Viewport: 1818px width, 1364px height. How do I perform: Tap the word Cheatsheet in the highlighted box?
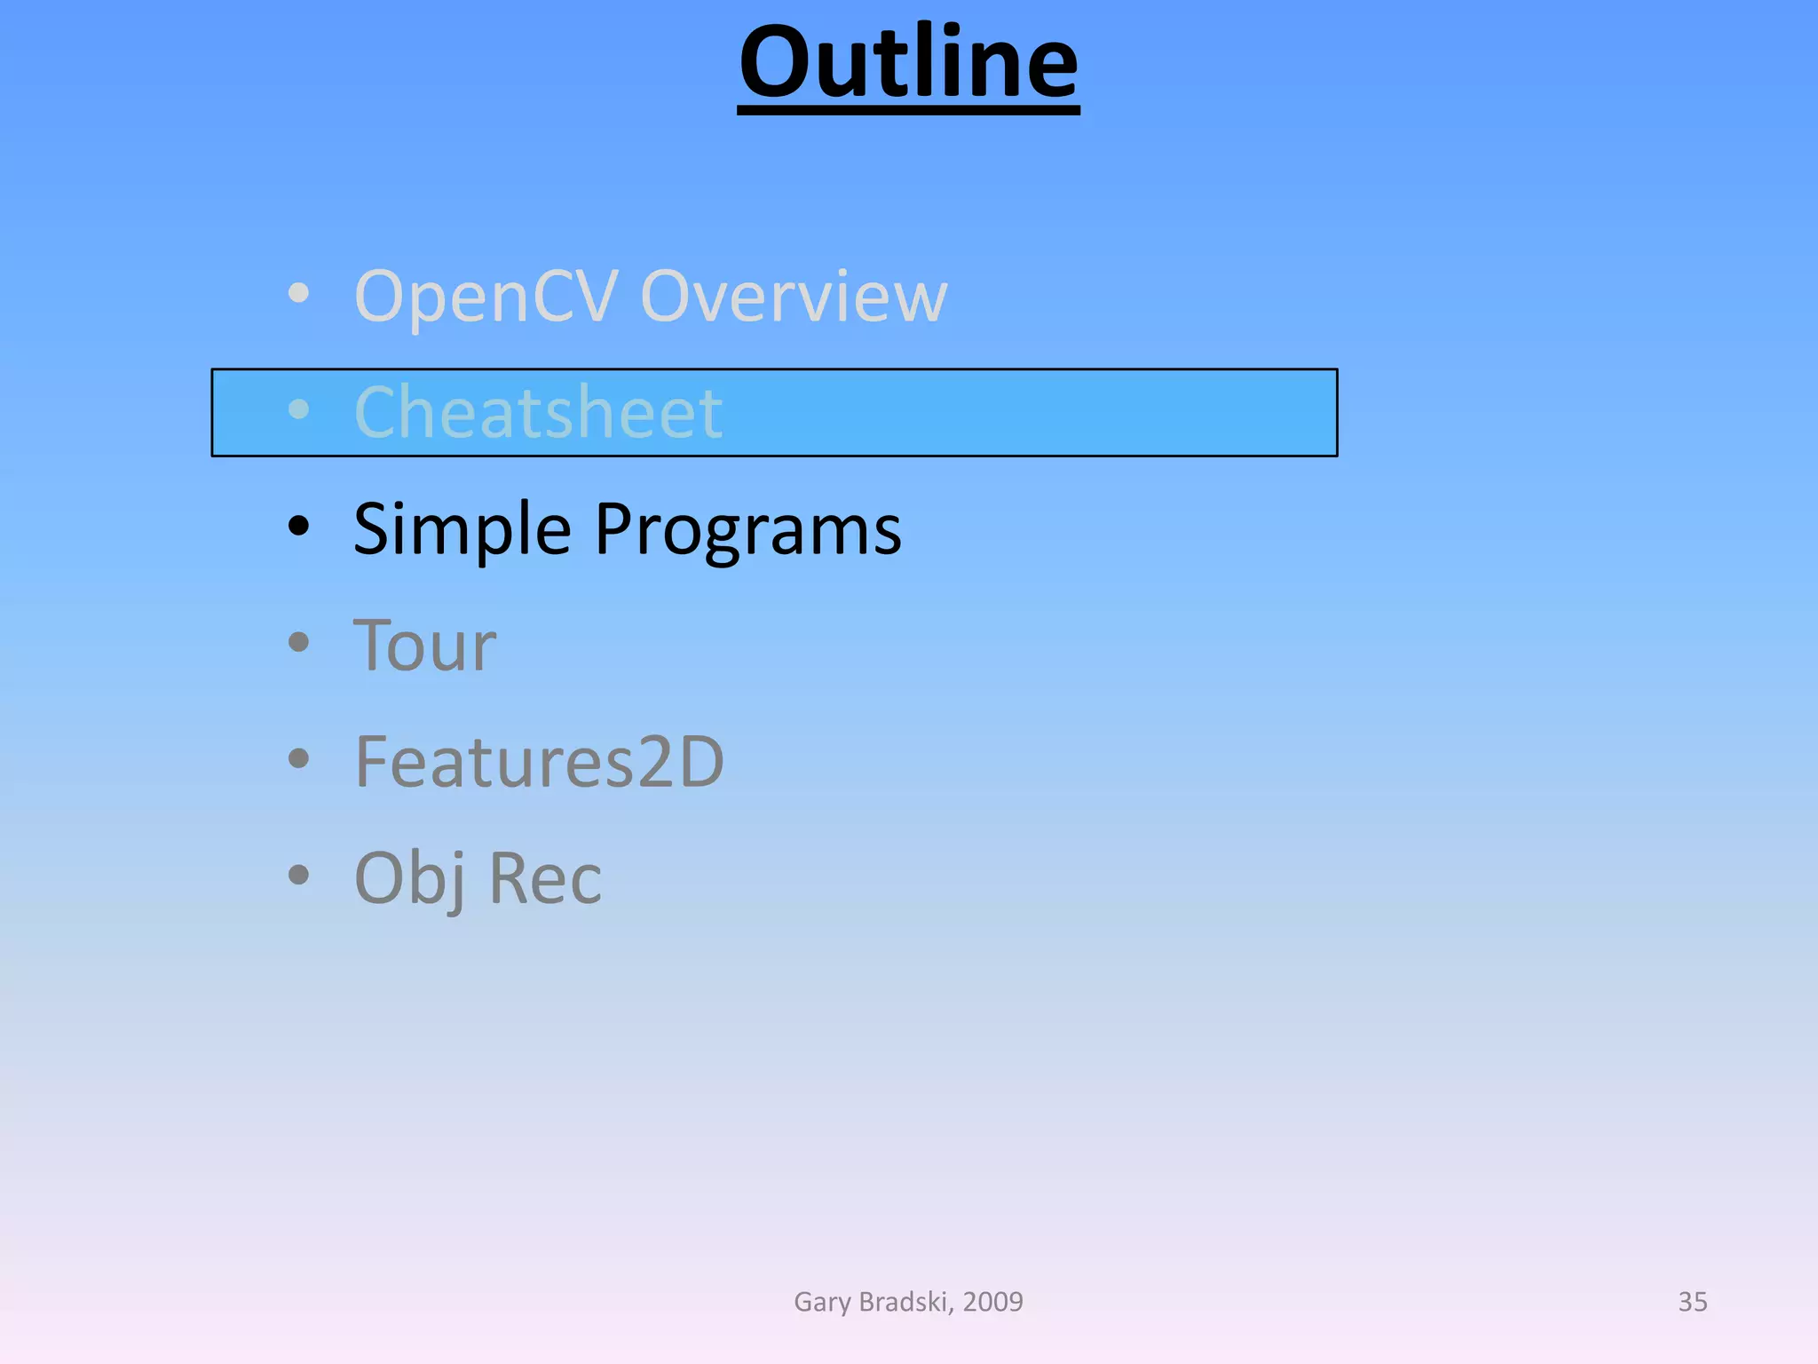(x=538, y=412)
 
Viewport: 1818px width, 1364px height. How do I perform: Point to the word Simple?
(x=462, y=530)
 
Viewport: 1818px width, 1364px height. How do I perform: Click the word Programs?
(x=747, y=530)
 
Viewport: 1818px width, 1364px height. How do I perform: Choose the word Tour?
(x=424, y=646)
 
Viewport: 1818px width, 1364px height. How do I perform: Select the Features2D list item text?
(x=539, y=762)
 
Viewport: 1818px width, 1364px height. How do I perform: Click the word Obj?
(x=410, y=879)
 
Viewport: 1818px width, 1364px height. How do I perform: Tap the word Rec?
(x=545, y=879)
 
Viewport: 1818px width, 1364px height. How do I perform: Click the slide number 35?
(x=1692, y=1302)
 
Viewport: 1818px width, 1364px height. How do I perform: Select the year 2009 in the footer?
(x=992, y=1302)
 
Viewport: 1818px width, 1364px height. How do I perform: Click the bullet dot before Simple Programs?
(x=299, y=526)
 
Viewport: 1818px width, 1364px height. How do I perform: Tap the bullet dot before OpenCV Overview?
(x=299, y=293)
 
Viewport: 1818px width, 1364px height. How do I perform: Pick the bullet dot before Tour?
(x=299, y=642)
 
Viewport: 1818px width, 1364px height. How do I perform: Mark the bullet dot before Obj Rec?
(x=299, y=875)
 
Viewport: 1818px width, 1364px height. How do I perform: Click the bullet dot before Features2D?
(x=299, y=758)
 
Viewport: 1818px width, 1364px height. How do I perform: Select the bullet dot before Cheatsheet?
(x=299, y=409)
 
